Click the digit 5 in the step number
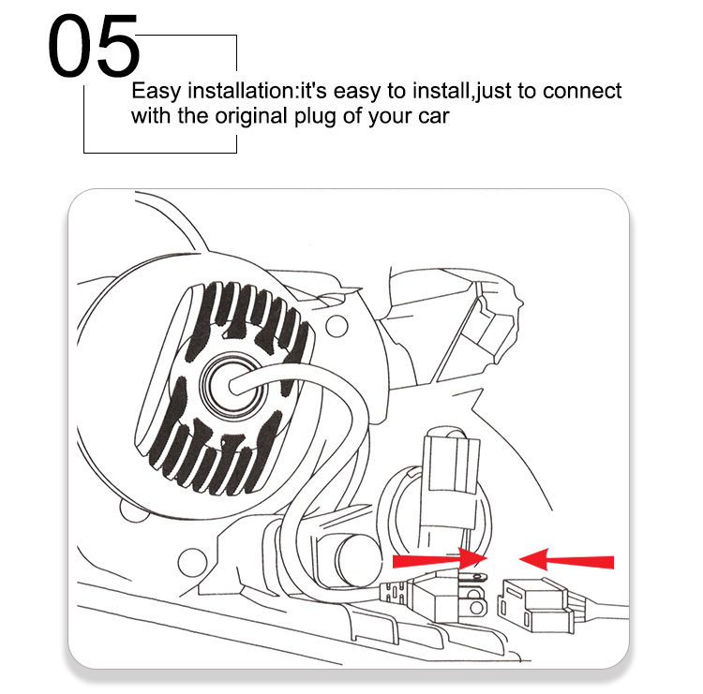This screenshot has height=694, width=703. tap(117, 46)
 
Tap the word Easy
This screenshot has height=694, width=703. tap(156, 92)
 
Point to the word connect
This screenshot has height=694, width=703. tap(582, 91)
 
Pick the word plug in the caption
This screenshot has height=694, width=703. tap(315, 117)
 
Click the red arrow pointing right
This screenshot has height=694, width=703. tap(440, 560)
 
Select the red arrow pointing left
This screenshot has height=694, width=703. tap(566, 560)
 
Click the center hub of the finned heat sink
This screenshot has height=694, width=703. tap(232, 385)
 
